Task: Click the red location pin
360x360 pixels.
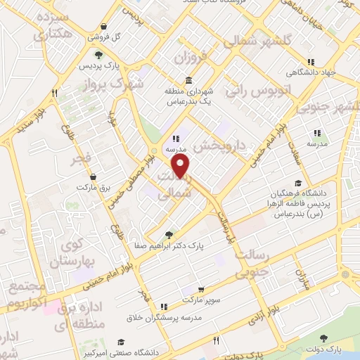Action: click(181, 167)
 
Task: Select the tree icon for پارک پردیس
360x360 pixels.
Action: click(98, 55)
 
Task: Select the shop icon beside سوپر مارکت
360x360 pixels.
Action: click(202, 289)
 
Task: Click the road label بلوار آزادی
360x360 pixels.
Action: click(266, 314)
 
